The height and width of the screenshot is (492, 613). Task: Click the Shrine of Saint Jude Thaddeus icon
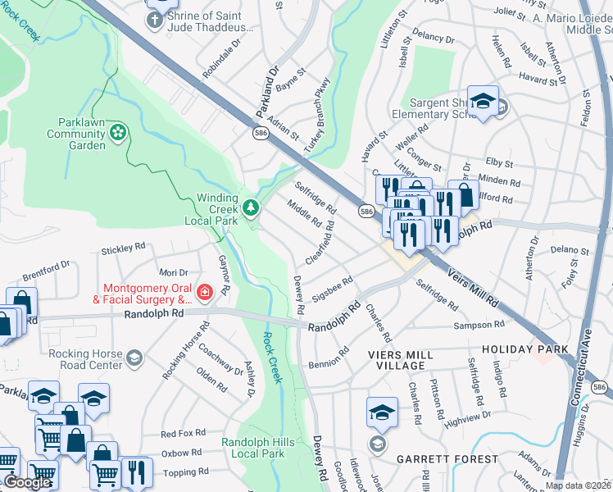click(x=155, y=18)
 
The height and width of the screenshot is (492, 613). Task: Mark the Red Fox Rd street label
click(x=181, y=434)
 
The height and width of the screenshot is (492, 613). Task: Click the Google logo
click(x=26, y=482)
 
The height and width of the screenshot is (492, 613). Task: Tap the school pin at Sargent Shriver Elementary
click(x=484, y=102)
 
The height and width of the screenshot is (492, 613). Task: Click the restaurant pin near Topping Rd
click(x=137, y=471)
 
